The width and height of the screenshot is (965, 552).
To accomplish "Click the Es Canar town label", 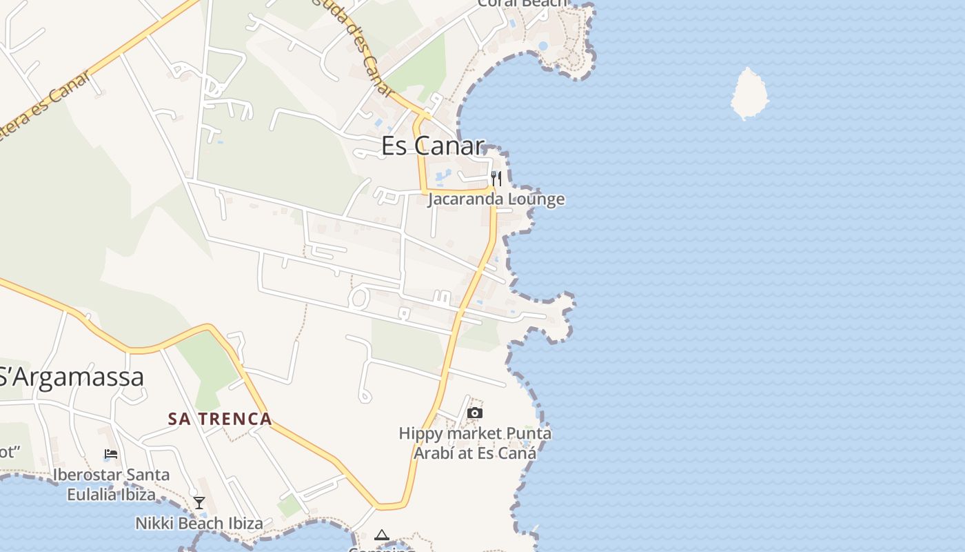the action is [433, 146].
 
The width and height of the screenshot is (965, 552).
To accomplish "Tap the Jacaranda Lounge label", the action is [496, 199].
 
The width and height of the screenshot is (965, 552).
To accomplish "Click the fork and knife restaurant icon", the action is [496, 179].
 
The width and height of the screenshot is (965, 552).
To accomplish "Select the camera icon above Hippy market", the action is [474, 413].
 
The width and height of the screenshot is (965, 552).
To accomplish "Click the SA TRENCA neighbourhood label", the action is [220, 419].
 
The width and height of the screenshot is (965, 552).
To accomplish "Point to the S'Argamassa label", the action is [72, 377].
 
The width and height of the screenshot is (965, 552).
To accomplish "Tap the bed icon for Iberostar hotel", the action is [111, 454].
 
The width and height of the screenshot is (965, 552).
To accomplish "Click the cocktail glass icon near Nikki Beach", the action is [199, 503].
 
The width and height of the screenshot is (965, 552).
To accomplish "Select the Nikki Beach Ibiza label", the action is [199, 524].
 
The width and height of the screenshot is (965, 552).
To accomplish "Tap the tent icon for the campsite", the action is [381, 535].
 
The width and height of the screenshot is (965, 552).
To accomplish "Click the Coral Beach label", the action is [523, 3].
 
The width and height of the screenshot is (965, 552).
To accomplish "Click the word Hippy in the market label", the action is [420, 434].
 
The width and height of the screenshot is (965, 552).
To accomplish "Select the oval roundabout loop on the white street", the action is [358, 299].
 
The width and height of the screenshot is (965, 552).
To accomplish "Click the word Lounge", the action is [538, 199].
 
